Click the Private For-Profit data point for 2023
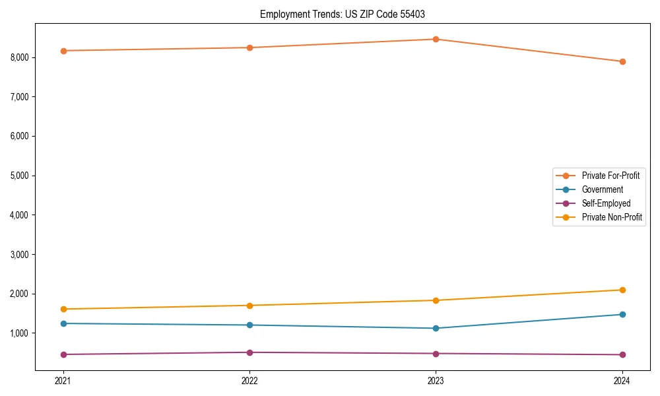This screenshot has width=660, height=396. click(436, 39)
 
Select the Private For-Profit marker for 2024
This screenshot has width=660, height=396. click(622, 61)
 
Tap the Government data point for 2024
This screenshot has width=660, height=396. click(622, 314)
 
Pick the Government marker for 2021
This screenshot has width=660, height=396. click(63, 323)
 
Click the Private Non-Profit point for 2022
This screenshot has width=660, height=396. click(249, 306)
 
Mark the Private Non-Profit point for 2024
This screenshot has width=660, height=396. click(622, 290)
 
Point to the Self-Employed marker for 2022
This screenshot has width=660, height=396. click(249, 352)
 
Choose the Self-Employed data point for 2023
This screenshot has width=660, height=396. click(436, 353)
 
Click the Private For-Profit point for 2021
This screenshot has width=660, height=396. click(63, 51)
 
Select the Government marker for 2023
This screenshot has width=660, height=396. click(436, 328)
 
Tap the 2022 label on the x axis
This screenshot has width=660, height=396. click(249, 380)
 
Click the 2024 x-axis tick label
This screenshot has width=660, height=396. click(622, 380)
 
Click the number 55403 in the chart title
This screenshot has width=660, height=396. click(413, 14)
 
